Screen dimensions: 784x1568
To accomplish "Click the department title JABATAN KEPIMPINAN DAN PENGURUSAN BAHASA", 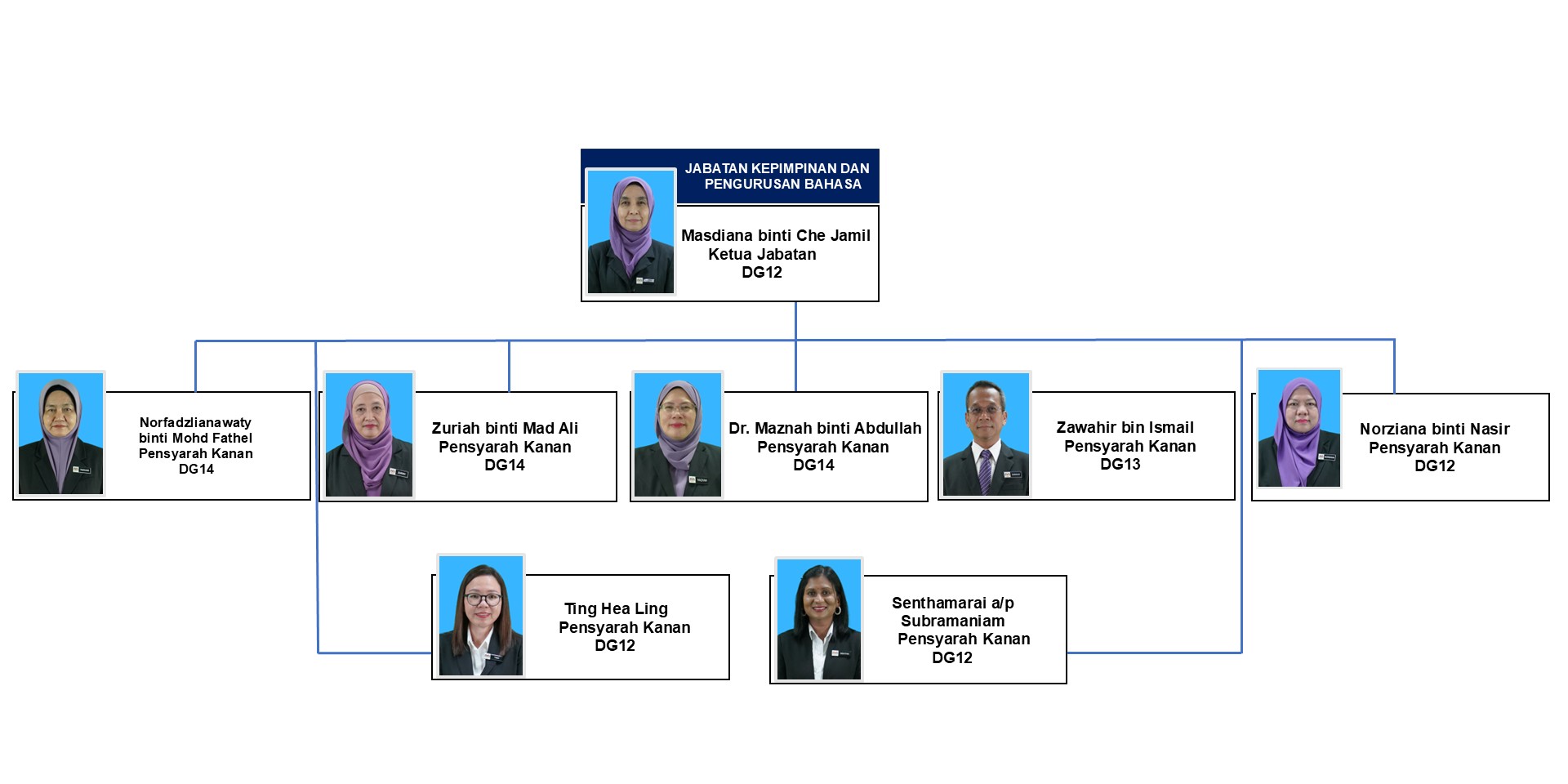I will [x=777, y=176].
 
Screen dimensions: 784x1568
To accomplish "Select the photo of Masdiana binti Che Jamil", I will [x=630, y=231].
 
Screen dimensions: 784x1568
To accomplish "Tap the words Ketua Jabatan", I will [x=762, y=254].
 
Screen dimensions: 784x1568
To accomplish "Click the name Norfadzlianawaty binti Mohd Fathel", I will [x=196, y=430].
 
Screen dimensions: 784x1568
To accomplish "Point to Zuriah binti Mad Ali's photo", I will [x=369, y=434].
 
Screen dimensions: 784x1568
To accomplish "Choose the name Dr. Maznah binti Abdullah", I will [x=825, y=428].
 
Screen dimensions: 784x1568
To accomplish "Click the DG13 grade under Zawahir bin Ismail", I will [x=1120, y=465].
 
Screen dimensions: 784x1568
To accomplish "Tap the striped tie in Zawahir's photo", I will [x=985, y=471].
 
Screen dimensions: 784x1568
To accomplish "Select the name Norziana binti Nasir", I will [x=1434, y=429].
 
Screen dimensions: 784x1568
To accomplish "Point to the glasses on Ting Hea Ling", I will [x=482, y=599].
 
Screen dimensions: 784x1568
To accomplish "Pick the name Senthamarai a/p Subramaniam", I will [x=953, y=612].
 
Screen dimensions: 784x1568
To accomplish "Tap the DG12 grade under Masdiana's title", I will [x=761, y=273].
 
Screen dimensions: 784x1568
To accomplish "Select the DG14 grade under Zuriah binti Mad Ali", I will [x=504, y=465].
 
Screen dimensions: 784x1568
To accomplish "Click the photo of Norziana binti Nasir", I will [x=1299, y=429].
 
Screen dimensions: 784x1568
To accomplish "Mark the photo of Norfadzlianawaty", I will [x=61, y=433].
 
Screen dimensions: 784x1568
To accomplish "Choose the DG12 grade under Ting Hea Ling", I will [x=614, y=646].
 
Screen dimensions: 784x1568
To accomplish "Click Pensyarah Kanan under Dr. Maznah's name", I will [x=822, y=447].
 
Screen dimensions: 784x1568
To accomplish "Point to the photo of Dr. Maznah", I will [x=677, y=434].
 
